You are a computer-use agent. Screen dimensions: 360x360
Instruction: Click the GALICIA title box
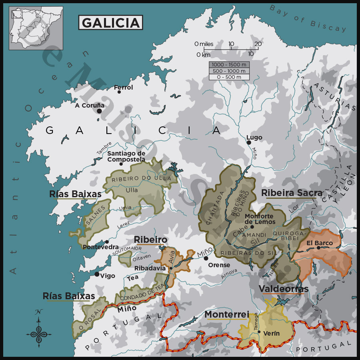pyautogui.click(x=110, y=22)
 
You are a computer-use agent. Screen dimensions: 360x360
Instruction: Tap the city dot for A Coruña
pyautogui.click(x=99, y=111)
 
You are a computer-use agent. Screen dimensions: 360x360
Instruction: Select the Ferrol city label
pyautogui.click(x=123, y=87)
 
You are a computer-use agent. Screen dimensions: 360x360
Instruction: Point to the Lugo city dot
pyautogui.click(x=249, y=142)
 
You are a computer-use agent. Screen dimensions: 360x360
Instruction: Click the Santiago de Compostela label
pyautogui.click(x=126, y=156)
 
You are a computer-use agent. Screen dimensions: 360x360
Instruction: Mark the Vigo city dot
pyautogui.click(x=97, y=274)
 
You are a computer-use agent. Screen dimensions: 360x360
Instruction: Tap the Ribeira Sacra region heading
pyautogui.click(x=292, y=193)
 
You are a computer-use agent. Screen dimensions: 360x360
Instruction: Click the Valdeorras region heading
pyautogui.click(x=284, y=289)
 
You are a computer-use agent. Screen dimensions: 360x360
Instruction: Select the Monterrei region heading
pyautogui.click(x=227, y=314)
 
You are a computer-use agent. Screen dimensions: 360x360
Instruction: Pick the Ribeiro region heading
pyautogui.click(x=150, y=240)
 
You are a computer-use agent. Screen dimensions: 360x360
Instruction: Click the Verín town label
pyautogui.click(x=271, y=333)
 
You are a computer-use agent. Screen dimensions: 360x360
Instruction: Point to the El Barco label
pyautogui.click(x=320, y=243)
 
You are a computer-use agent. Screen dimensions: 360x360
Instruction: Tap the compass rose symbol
pyautogui.click(x=39, y=330)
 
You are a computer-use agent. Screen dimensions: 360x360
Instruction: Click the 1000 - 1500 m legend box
pyautogui.click(x=229, y=65)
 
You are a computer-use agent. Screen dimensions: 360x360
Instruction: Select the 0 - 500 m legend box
pyautogui.click(x=229, y=77)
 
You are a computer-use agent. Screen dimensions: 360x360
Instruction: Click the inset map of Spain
pyautogui.click(x=36, y=28)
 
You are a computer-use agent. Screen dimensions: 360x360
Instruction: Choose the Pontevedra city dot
pyautogui.click(x=107, y=242)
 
